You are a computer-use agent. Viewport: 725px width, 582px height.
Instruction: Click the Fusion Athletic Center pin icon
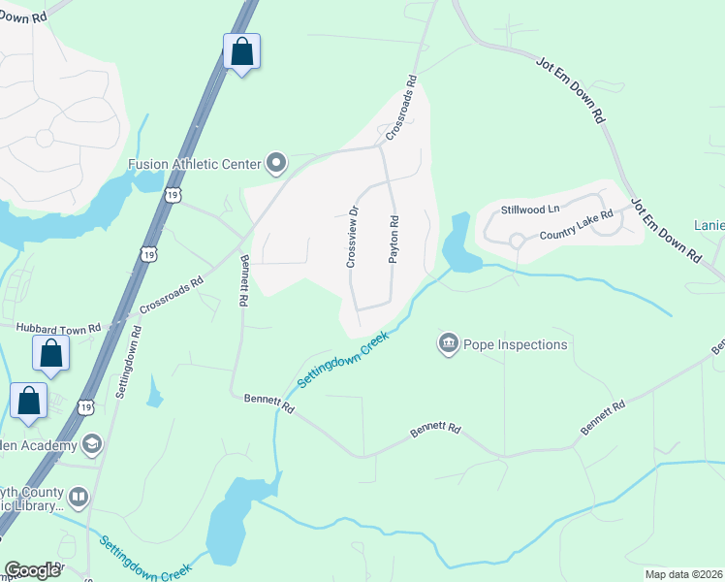[x=276, y=163]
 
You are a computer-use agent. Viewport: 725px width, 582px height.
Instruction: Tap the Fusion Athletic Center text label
[x=196, y=164]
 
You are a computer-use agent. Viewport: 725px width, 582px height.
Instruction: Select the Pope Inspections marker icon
[x=448, y=343]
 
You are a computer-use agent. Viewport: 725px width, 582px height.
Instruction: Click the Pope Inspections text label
[x=516, y=344]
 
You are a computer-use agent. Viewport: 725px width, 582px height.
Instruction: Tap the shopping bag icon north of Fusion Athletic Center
[x=241, y=51]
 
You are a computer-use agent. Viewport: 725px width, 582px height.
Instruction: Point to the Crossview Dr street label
[x=352, y=237]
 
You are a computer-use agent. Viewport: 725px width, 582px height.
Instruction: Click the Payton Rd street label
[x=394, y=237]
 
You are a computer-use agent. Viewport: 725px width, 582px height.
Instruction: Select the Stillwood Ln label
[x=530, y=210]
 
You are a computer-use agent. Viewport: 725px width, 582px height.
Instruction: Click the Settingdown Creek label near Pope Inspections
[x=342, y=360]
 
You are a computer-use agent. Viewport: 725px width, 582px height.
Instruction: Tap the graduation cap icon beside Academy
[x=92, y=445]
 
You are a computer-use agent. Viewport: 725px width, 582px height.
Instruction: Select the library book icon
[x=79, y=499]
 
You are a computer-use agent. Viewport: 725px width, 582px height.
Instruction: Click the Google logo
[x=33, y=570]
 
